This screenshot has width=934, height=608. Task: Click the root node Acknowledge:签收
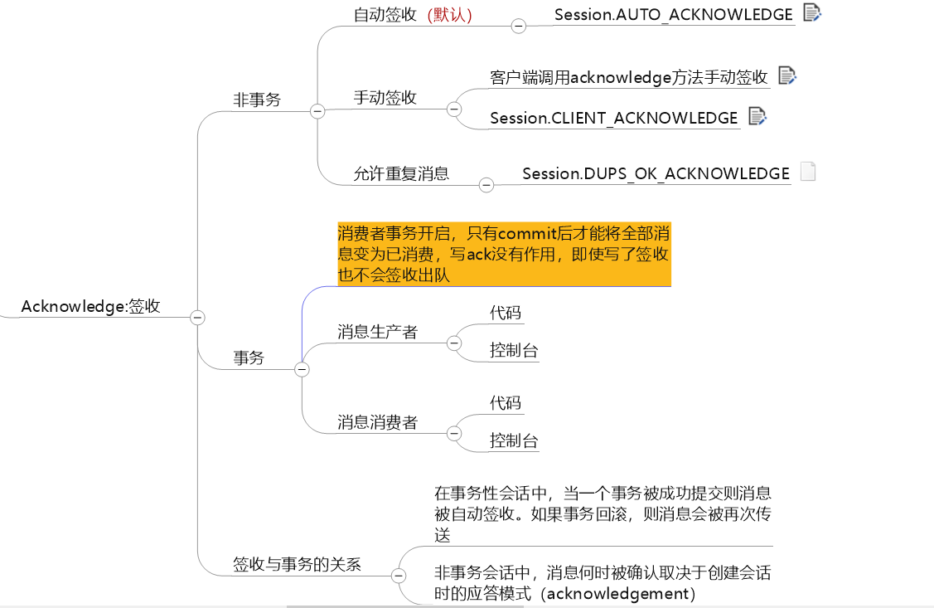coord(90,306)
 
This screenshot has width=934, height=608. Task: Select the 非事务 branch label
coord(257,100)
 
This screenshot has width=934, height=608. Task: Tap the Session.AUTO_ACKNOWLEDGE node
coord(673,14)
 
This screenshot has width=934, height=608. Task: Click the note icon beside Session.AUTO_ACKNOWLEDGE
coord(811,12)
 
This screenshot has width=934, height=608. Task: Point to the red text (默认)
coord(450,14)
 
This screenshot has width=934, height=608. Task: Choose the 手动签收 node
coord(385,97)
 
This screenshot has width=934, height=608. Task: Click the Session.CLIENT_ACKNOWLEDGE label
coord(613,118)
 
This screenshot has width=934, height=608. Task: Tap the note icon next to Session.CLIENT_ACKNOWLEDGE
coord(757,116)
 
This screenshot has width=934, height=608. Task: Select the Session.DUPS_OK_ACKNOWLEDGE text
coord(656,173)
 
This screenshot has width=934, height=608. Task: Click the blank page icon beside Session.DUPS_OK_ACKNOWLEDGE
coord(808,172)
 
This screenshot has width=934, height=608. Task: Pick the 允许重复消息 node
coord(401,173)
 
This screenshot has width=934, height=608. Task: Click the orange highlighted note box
coord(503,254)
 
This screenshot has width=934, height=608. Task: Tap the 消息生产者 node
coord(377,332)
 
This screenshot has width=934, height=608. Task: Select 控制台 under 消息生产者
coord(514,350)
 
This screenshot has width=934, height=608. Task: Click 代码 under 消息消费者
coord(506,403)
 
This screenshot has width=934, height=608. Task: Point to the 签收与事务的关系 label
coord(297,564)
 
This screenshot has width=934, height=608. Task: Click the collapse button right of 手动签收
coord(453,109)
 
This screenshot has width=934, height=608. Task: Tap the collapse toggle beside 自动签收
coord(519,26)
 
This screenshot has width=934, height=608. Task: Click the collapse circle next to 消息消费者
coord(453,433)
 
